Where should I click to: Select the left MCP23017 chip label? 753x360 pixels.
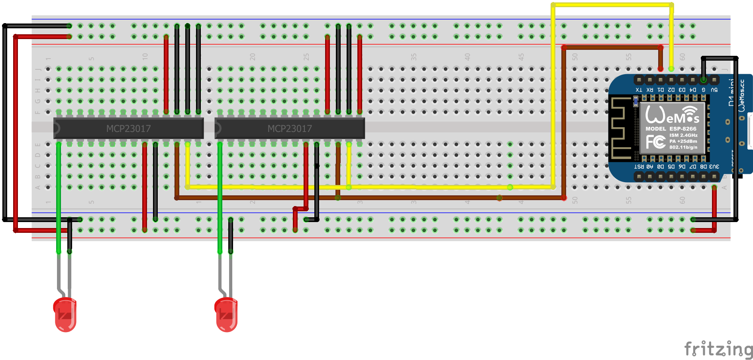tap(128, 129)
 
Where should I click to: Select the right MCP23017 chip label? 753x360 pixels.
tap(290, 129)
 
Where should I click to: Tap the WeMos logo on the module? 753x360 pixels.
tap(672, 114)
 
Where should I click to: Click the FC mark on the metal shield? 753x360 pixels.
tap(655, 142)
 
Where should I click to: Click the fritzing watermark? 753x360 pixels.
tap(718, 349)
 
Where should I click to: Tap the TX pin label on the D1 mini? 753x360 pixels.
tap(639, 90)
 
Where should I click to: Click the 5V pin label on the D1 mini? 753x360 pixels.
tap(714, 90)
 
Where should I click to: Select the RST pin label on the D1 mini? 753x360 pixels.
tap(639, 167)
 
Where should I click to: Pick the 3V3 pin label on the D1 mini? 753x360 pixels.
tap(714, 167)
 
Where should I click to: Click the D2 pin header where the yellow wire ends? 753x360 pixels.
tap(671, 80)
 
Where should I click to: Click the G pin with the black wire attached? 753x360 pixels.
tap(704, 80)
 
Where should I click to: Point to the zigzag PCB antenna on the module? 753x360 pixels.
tap(621, 128)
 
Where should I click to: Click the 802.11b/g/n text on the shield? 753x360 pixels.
tap(683, 147)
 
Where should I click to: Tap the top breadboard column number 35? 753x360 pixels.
tap(414, 57)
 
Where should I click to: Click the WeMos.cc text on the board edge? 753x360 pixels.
tap(741, 96)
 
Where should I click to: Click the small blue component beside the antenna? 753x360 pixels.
tap(636, 102)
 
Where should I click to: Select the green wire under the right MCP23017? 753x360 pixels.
tap(220, 199)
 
